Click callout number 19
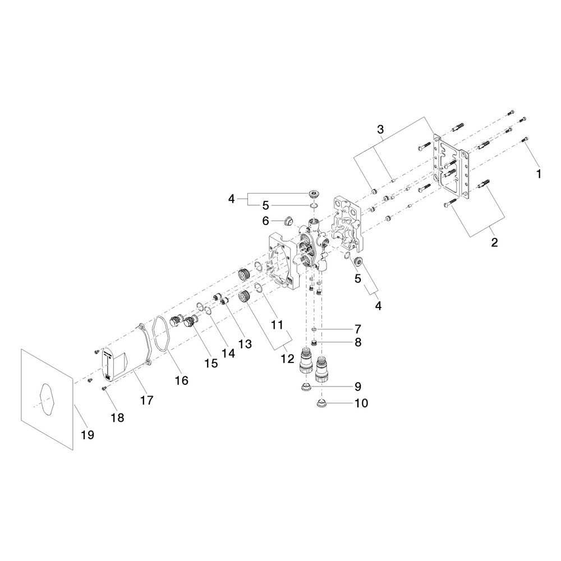coord(88,435)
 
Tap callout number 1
coord(538,174)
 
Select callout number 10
coord(361,403)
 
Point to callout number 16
coord(181,380)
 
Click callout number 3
coord(380,129)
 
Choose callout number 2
coord(494,242)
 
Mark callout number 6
coord(265,220)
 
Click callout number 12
coord(287,358)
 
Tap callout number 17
coord(146,400)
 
